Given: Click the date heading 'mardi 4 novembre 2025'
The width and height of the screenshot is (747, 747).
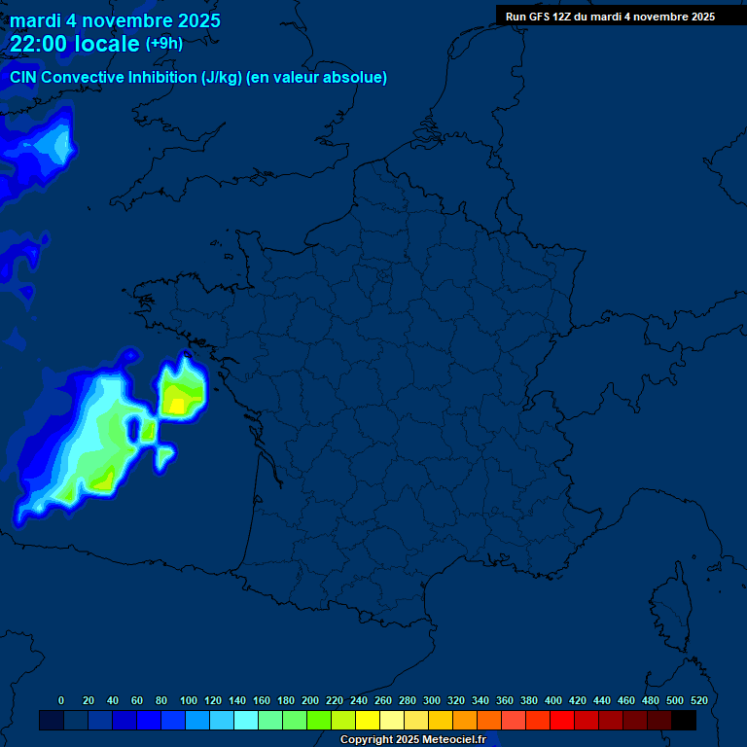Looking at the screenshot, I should (115, 20).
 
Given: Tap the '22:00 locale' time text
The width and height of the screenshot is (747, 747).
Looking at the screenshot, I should (75, 44).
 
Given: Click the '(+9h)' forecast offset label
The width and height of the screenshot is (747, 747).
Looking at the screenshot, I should (163, 44).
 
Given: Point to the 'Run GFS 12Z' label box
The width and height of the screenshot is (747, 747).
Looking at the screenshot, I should (610, 17).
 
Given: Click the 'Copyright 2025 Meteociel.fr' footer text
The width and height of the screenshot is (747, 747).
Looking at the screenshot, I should (412, 740).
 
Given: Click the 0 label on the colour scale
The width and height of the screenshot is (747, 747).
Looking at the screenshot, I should (61, 700).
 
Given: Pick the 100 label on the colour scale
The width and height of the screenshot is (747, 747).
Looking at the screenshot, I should (189, 700).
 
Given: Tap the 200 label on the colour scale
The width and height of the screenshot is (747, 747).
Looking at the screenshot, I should (310, 700).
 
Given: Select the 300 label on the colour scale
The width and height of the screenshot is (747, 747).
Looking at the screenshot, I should (432, 700).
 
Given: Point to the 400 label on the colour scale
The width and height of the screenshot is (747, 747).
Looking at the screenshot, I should (553, 700).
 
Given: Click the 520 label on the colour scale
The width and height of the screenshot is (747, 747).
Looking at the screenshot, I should (698, 700).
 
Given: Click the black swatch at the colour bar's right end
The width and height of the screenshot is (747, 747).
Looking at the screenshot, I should (684, 721).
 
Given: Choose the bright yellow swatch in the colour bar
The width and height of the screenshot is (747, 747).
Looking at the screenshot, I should (368, 721).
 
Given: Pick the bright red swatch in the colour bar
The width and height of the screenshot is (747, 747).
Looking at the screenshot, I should (562, 721).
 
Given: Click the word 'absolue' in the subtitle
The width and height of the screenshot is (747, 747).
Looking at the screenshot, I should (358, 78).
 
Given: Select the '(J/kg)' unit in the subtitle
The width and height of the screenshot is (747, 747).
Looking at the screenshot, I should (221, 78).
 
